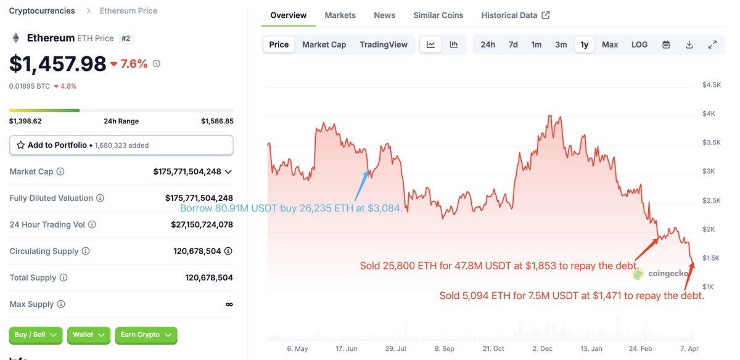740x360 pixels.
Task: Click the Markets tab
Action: click(x=340, y=15)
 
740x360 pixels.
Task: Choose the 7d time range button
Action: click(x=513, y=44)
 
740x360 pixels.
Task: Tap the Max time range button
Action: click(x=610, y=44)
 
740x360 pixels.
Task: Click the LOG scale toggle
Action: click(x=639, y=44)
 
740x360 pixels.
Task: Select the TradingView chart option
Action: click(x=384, y=44)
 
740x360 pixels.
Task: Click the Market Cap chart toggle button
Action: click(x=324, y=44)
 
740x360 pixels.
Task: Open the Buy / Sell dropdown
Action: click(x=35, y=335)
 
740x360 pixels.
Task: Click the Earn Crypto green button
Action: click(x=146, y=335)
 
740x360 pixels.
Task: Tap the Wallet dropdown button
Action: click(x=88, y=335)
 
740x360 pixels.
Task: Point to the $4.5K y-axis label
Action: click(x=712, y=85)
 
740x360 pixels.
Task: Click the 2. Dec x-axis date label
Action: click(x=543, y=348)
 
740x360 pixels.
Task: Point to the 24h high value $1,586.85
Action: click(x=217, y=121)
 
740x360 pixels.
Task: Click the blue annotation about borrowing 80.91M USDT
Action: click(x=291, y=208)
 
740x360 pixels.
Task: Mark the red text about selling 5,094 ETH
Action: click(x=572, y=296)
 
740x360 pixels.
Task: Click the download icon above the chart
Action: click(x=689, y=44)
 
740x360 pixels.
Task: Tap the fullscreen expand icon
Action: click(x=712, y=44)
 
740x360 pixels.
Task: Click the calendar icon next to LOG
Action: click(x=666, y=44)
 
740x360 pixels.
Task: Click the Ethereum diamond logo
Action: click(x=16, y=38)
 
